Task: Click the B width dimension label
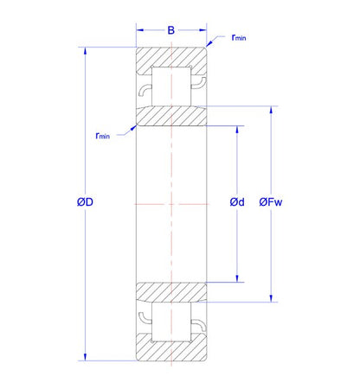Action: click(171, 30)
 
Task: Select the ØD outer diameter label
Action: click(85, 202)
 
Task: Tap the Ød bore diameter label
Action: click(237, 202)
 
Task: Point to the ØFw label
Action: click(271, 202)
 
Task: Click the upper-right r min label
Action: click(239, 37)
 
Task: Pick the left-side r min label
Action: click(103, 136)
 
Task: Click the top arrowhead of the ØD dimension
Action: click(85, 51)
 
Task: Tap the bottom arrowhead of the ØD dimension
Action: click(85, 357)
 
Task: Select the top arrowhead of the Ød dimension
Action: click(237, 130)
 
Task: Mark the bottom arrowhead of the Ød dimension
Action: click(237, 278)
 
